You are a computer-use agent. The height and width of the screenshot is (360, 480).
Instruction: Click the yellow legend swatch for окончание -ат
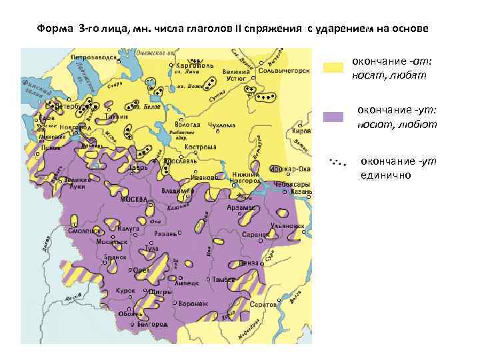click(x=333, y=67)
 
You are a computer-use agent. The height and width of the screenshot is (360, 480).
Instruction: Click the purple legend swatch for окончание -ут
click(x=333, y=117)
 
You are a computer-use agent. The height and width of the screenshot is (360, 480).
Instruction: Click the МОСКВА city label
click(x=133, y=199)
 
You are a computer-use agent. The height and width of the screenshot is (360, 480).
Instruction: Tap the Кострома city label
click(x=202, y=147)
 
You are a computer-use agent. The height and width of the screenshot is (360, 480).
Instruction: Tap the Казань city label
click(x=301, y=191)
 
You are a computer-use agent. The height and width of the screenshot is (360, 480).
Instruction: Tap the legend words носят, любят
click(x=390, y=75)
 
